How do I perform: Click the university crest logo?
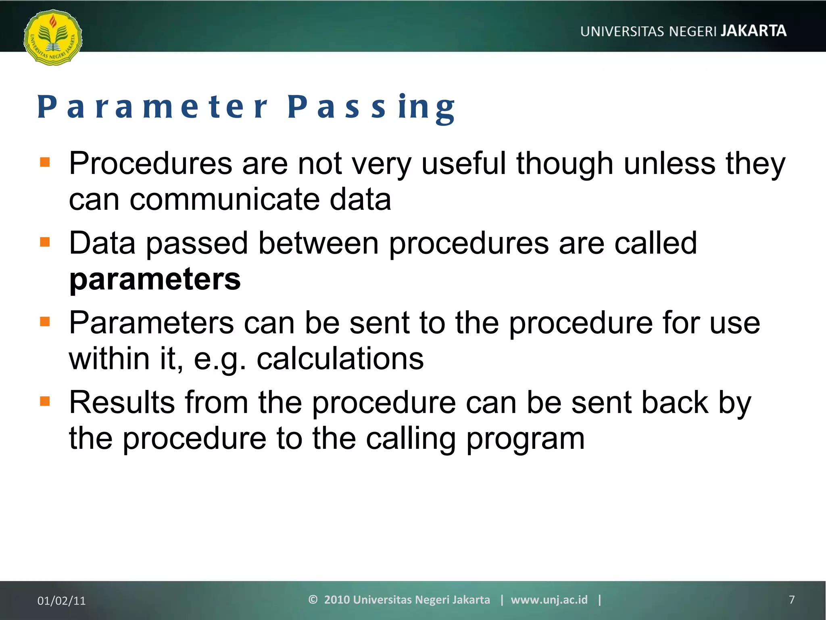53,37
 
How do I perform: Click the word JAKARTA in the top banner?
753,31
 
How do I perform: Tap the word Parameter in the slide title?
152,107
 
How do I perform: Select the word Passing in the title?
371,107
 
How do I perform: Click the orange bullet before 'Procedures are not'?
45,162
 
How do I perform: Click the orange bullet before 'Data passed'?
45,242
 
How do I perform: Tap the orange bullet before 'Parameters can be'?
45,322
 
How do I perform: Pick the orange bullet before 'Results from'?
45,401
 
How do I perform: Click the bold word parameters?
155,279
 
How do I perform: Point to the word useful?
463,163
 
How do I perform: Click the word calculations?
340,358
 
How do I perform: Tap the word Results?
122,402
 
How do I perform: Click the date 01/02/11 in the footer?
61,601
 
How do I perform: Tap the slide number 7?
791,600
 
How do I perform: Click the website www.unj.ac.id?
549,600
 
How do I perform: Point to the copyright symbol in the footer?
313,599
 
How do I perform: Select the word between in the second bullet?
318,243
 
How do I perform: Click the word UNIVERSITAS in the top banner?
622,31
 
